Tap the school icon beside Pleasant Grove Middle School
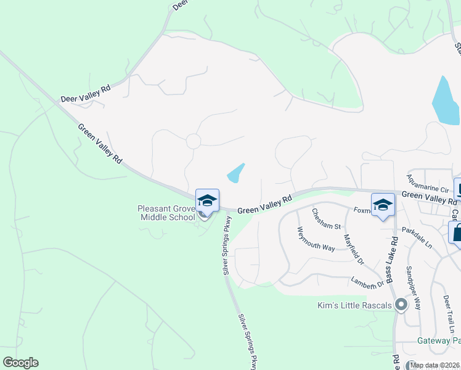[x=207, y=200]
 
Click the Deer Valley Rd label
[x=86, y=93]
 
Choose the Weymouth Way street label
[x=316, y=239]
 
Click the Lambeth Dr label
[x=367, y=281]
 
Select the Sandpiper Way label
[x=413, y=287]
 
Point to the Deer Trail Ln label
[x=448, y=314]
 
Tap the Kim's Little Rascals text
[x=355, y=306]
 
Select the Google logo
[x=20, y=363]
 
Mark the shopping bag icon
[x=456, y=232]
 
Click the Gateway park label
[x=438, y=340]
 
